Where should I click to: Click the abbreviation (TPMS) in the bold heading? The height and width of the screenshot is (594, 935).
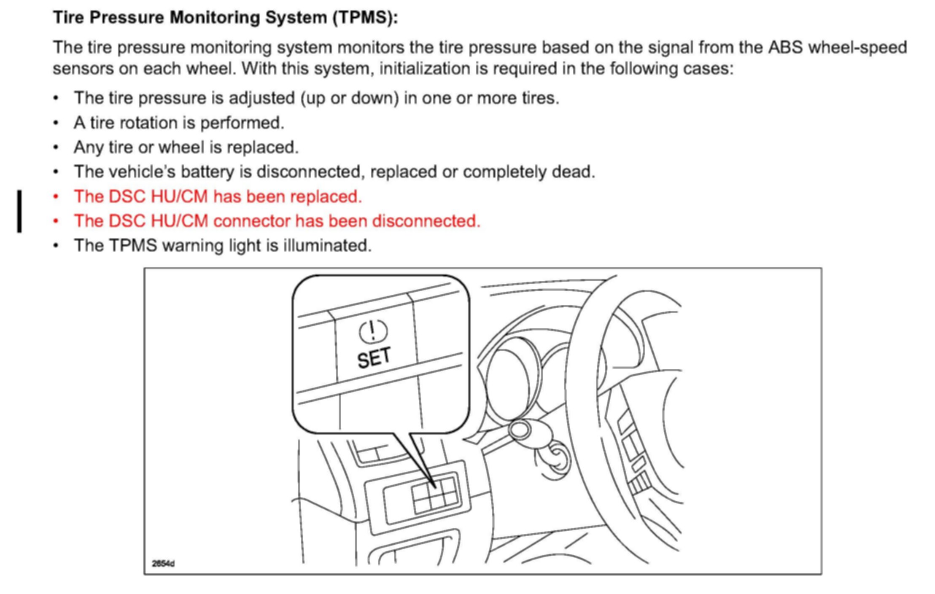pos(365,18)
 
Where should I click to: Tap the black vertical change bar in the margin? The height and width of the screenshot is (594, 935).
pos(19,211)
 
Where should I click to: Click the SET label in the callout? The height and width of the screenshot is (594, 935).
pos(374,358)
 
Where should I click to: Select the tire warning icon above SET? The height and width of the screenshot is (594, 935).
pos(373,331)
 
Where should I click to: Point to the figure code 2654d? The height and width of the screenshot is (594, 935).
pos(163,564)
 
